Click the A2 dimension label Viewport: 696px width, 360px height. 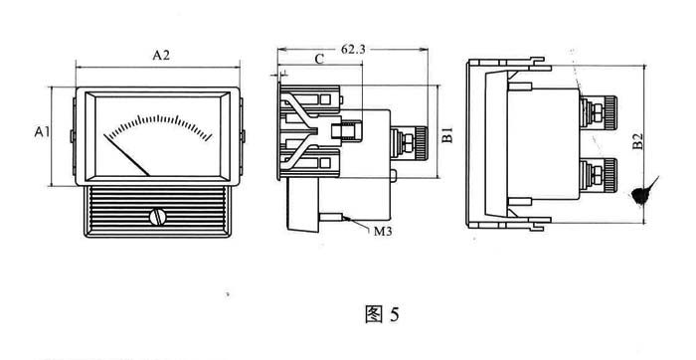(x=161, y=55)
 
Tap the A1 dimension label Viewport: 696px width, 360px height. (x=42, y=132)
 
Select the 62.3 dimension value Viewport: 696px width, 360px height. (x=353, y=49)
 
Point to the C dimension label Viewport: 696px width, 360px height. (x=319, y=60)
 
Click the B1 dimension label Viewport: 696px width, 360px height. (x=447, y=135)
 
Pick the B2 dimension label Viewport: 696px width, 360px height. (x=637, y=141)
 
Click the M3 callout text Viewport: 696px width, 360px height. (x=383, y=232)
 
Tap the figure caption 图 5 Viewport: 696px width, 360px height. (x=382, y=314)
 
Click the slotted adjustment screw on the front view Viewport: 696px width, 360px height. (x=157, y=217)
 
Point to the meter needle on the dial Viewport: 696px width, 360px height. (x=126, y=155)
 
